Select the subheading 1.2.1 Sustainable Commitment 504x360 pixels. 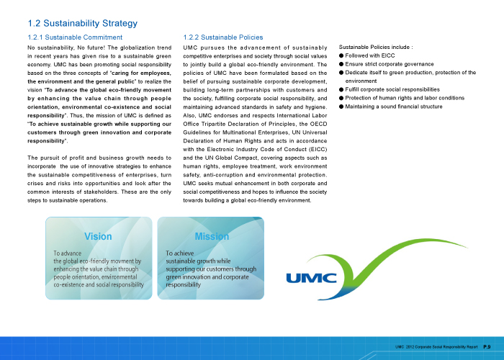75,37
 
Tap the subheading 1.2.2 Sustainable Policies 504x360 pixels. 223,37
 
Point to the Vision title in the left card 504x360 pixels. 99,236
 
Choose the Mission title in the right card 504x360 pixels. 212,236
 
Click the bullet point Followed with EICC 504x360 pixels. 369,55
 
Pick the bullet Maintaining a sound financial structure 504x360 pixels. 394,107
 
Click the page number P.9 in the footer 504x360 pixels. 487,347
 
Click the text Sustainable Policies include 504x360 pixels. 375,47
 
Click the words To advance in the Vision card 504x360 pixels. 67,253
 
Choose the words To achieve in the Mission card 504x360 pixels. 180,253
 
